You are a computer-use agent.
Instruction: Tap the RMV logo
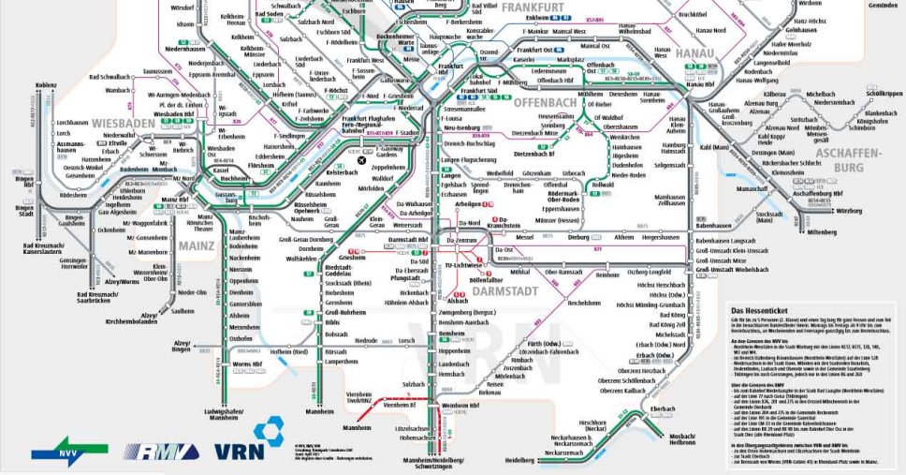(x=158, y=450)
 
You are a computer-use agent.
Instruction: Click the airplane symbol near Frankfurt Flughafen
(x=363, y=161)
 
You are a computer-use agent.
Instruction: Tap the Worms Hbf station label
(x=247, y=363)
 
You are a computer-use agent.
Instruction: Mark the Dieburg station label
(x=579, y=237)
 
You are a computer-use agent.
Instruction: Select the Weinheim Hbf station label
(x=460, y=405)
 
